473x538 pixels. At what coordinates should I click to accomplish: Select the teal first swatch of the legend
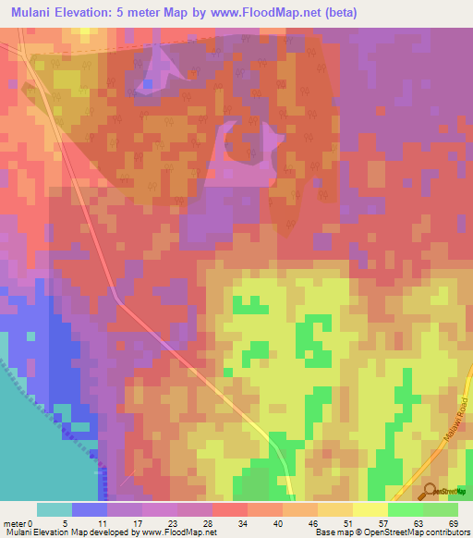[x=55, y=508]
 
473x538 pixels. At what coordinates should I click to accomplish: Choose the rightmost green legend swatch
[x=441, y=508]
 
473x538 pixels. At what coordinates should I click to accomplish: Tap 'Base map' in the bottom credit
[x=334, y=532]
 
